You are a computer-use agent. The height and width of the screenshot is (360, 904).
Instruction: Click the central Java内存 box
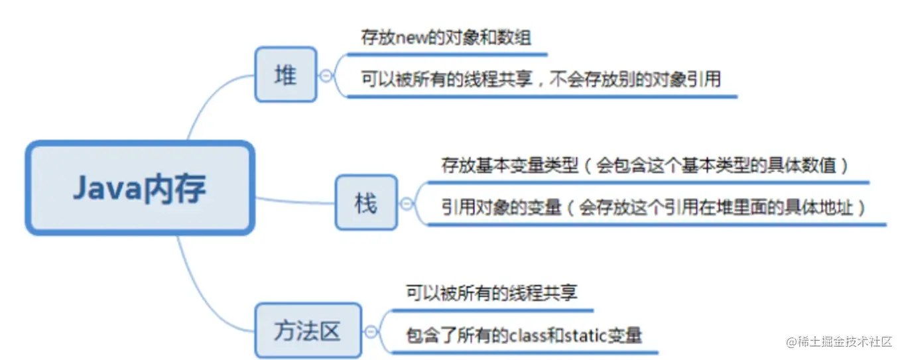[139, 188]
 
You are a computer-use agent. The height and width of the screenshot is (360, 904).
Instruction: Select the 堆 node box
[286, 74]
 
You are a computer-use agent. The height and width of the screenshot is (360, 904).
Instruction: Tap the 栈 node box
[366, 202]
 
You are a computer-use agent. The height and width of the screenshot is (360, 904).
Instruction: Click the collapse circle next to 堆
[326, 76]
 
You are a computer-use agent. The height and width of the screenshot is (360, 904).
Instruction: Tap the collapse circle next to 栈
[407, 204]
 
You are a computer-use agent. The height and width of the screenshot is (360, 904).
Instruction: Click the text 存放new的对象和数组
[446, 38]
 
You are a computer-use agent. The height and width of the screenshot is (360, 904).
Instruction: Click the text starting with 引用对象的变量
[654, 208]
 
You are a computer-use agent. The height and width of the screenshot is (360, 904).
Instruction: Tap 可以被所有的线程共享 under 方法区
[491, 293]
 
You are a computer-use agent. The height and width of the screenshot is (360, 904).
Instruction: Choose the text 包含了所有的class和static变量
[523, 335]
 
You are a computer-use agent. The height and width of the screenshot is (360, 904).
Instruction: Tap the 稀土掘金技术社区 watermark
[840, 341]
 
